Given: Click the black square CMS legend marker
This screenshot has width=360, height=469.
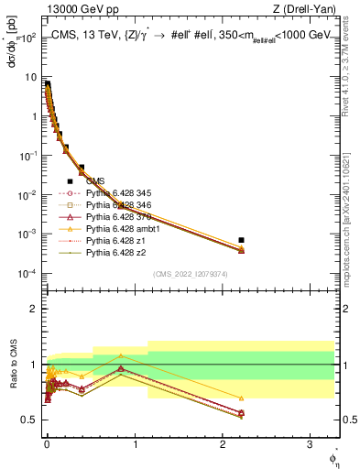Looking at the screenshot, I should [x=70, y=180].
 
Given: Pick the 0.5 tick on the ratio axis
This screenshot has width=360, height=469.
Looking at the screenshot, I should [x=27, y=420].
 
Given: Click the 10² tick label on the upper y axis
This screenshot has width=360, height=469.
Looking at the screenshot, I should [x=27, y=38].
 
